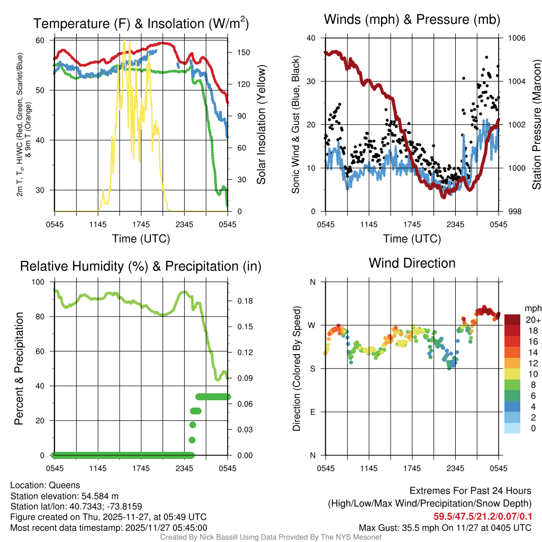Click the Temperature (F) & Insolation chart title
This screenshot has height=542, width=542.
click(141, 24)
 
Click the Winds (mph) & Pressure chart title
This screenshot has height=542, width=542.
click(412, 20)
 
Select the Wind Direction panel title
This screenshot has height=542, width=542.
click(412, 263)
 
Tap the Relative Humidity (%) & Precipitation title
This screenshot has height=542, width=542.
click(141, 266)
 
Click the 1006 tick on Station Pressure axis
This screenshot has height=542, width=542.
click(516, 38)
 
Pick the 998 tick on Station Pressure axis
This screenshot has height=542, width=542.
click(514, 212)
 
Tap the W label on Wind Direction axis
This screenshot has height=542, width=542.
click(312, 325)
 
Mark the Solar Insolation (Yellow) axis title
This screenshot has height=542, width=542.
click(261, 125)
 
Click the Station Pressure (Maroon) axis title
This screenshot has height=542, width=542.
click(536, 125)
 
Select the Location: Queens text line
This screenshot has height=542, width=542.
click(45, 485)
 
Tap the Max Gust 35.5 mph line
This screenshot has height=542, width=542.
click(445, 527)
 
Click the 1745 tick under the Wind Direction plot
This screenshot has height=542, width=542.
click(412, 468)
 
